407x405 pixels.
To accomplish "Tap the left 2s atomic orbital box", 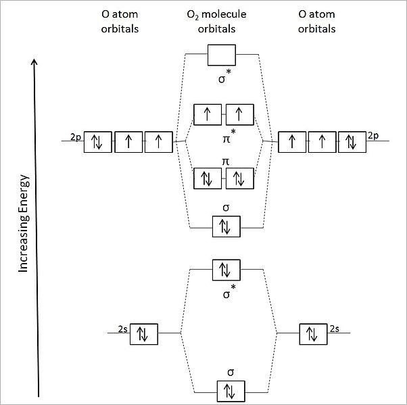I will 143,333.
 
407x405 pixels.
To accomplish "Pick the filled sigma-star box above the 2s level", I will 226,270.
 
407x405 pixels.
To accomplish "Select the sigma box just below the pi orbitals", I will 226,227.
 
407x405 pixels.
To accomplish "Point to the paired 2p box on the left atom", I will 97,142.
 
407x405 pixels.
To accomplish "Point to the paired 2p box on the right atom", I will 352,142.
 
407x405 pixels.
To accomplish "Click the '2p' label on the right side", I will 373,136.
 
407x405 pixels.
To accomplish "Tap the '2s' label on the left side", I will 122,329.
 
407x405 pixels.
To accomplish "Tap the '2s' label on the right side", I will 335,329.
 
